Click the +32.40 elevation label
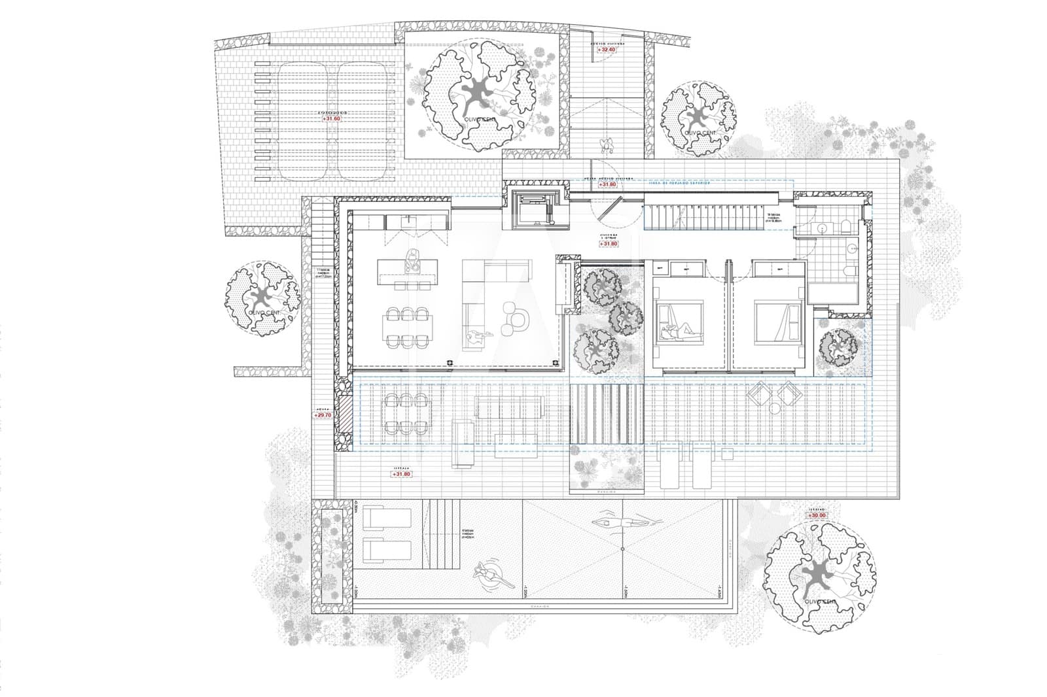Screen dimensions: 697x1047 607,50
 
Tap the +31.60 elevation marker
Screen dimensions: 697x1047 332,119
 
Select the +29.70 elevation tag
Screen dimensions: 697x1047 323,415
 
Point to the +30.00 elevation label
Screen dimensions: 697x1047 817,516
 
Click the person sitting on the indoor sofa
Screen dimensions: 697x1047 478,335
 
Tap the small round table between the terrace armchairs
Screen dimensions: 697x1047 775,409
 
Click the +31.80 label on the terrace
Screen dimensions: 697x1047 401,474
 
